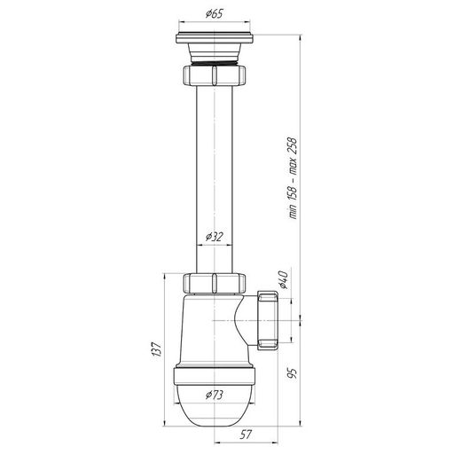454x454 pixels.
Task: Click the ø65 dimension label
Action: [215, 13]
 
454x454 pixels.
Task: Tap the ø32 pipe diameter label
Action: [215, 237]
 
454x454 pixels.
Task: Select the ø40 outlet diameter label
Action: [283, 279]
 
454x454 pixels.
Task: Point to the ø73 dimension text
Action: [215, 395]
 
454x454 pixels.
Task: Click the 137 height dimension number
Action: [157, 350]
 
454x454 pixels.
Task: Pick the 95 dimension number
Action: [292, 373]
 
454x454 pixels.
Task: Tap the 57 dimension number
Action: [246, 434]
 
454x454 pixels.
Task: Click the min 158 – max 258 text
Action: [293, 178]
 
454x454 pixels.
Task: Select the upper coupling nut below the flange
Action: [215, 75]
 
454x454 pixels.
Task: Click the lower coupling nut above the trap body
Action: [215, 283]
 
